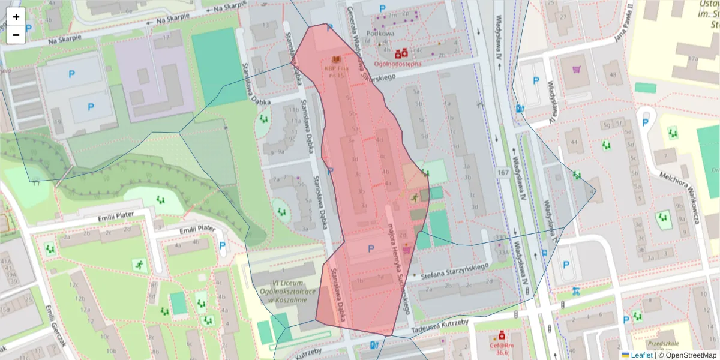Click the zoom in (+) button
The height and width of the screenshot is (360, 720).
16,17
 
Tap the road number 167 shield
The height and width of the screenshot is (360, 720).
503,173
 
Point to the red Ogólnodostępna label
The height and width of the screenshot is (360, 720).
397,64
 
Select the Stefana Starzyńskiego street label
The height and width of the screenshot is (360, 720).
456,271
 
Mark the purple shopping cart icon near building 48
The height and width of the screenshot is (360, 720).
577,70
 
